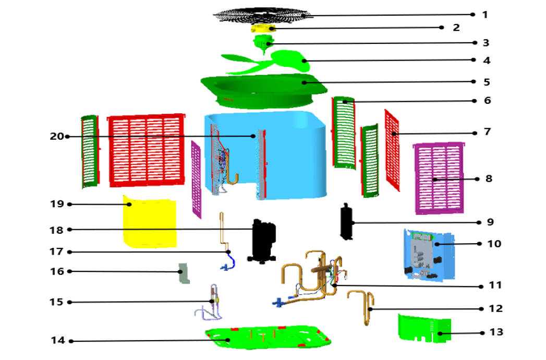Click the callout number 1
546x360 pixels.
coord(484,15)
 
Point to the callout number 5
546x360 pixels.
coord(487,82)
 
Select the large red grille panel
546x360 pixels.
coord(147,149)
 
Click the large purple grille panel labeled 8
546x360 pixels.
coord(439,178)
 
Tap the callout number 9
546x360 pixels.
coord(490,222)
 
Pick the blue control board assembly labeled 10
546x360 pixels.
coord(428,255)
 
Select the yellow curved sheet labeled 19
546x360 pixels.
coord(149,222)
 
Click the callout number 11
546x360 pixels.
coord(495,285)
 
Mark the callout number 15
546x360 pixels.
coord(56,302)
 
